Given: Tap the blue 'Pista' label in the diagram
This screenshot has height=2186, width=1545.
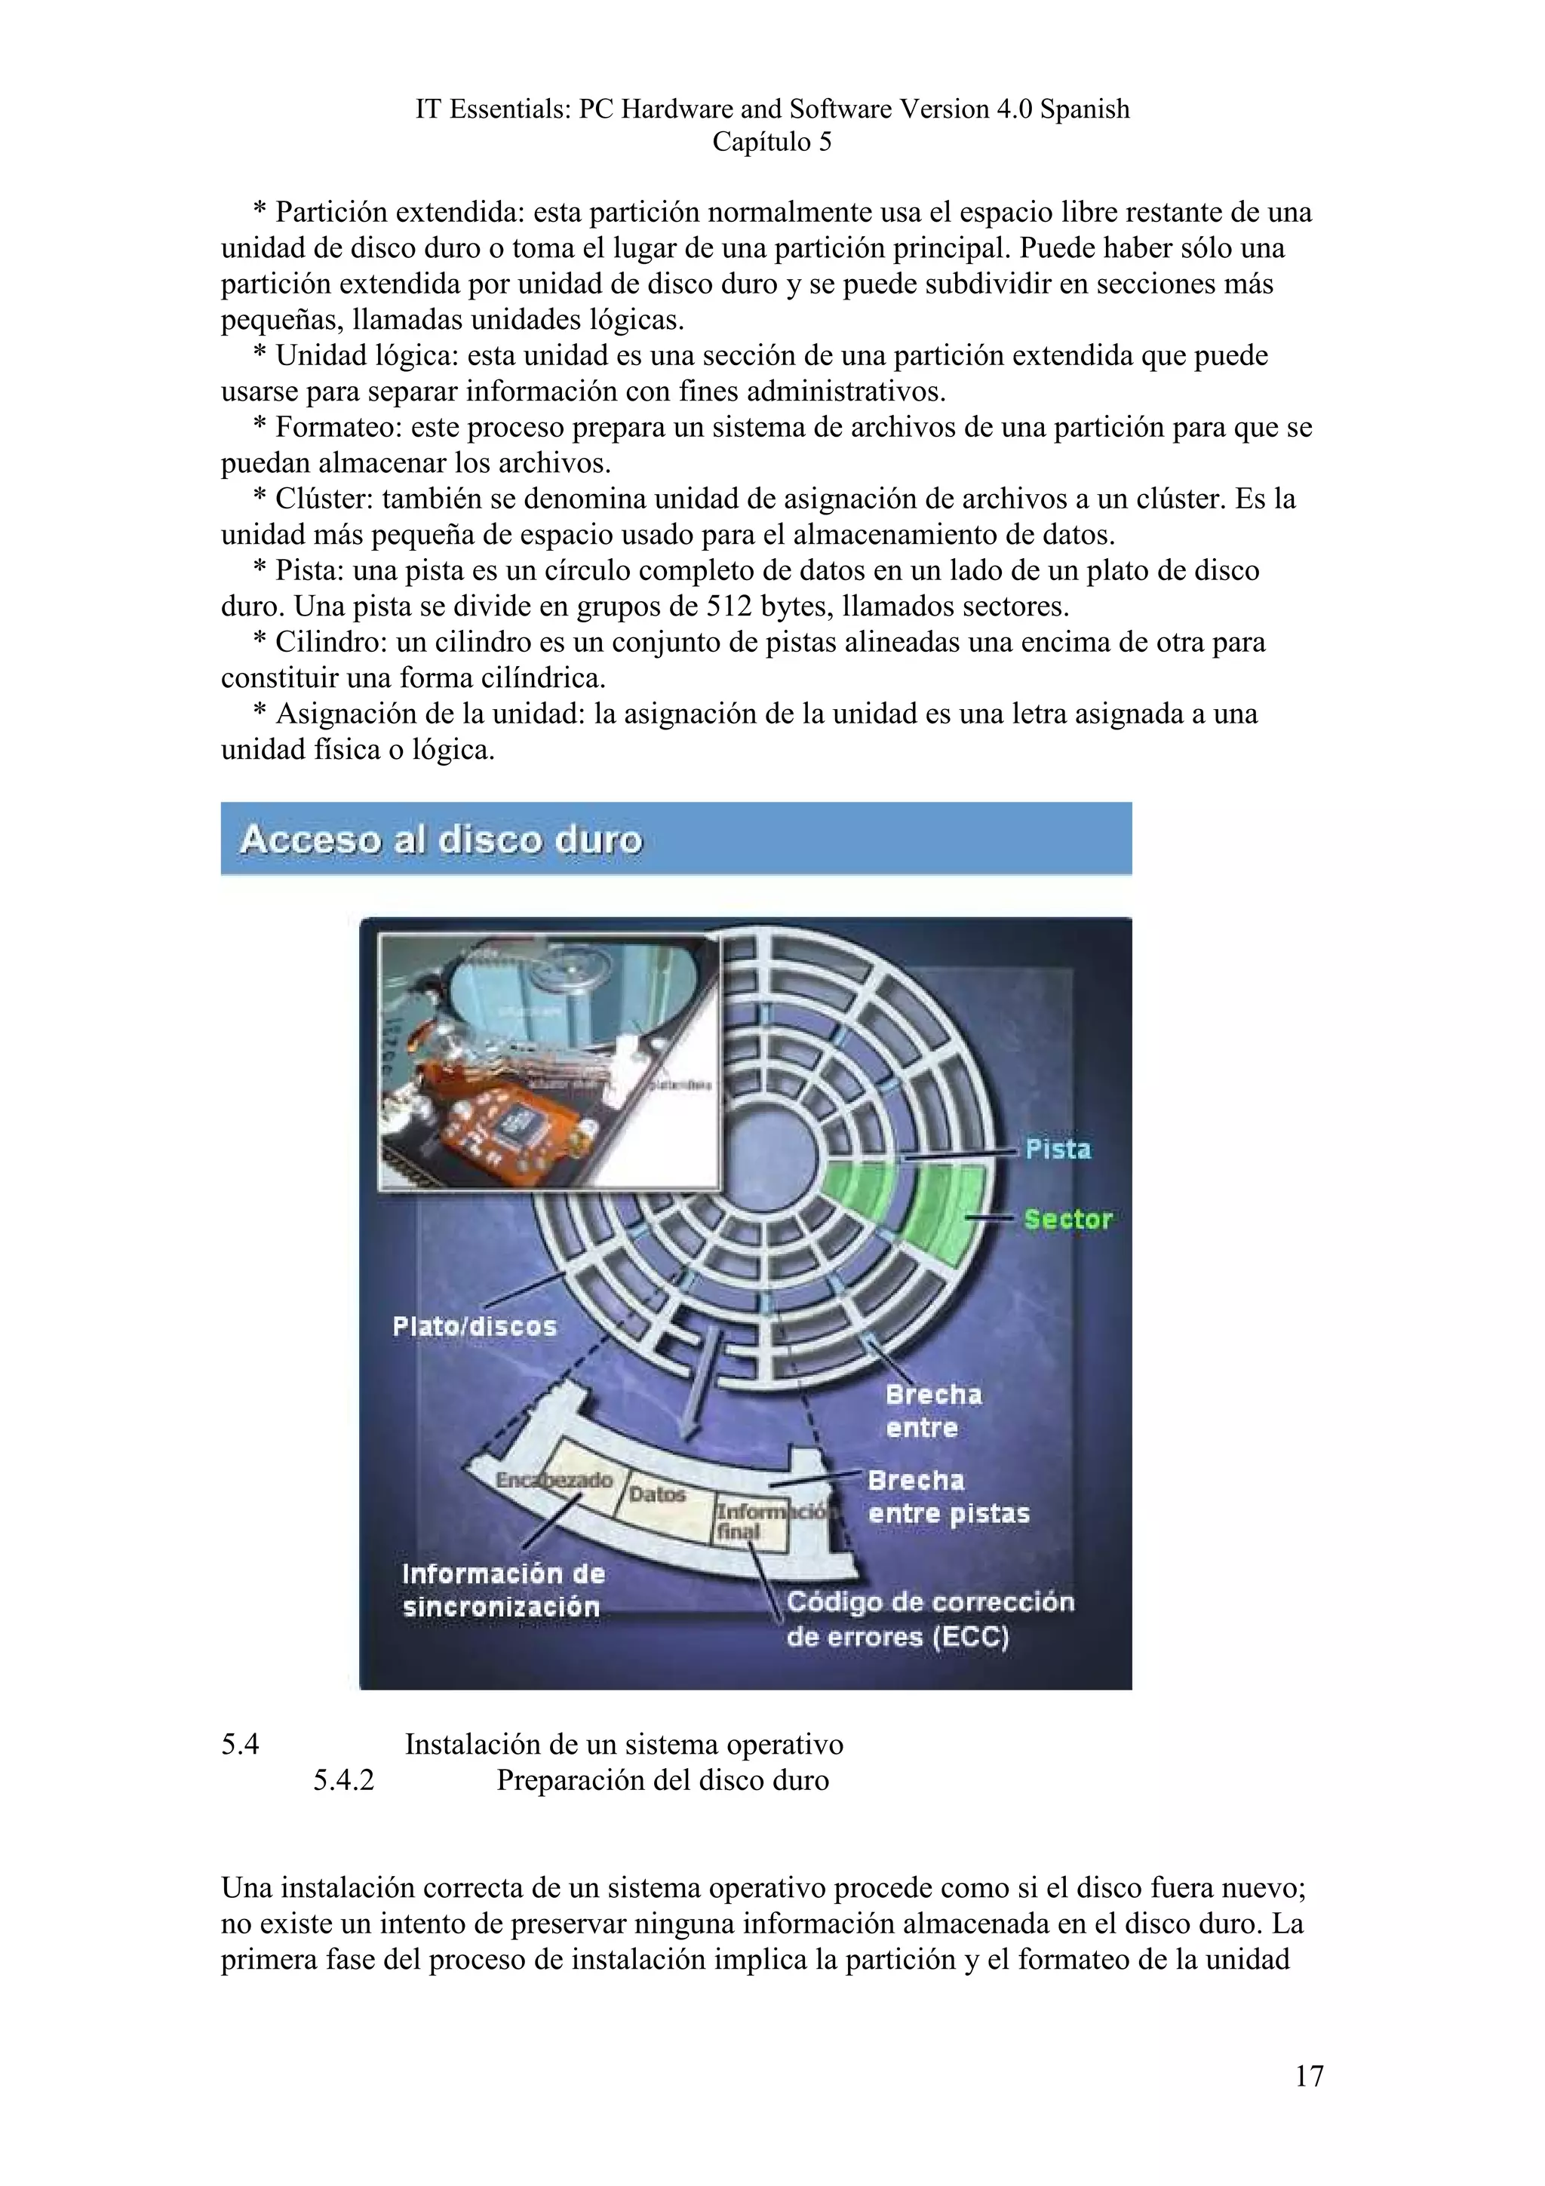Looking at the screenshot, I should click(1058, 1149).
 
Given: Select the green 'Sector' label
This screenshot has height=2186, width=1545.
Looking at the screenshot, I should click(1067, 1220).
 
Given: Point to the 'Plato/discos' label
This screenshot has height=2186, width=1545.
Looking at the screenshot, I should click(474, 1326).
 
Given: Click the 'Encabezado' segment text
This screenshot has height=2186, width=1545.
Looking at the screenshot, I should click(554, 1481).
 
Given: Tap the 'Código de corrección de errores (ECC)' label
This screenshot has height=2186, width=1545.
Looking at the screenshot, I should click(929, 1619).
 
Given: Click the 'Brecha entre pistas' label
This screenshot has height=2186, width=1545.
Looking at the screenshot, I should click(948, 1497).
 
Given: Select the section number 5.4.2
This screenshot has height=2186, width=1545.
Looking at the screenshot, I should click(344, 1780).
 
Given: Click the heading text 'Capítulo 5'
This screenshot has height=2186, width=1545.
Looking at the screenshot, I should click(771, 142).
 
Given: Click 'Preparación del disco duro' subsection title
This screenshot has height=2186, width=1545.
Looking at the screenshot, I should click(662, 1780).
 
